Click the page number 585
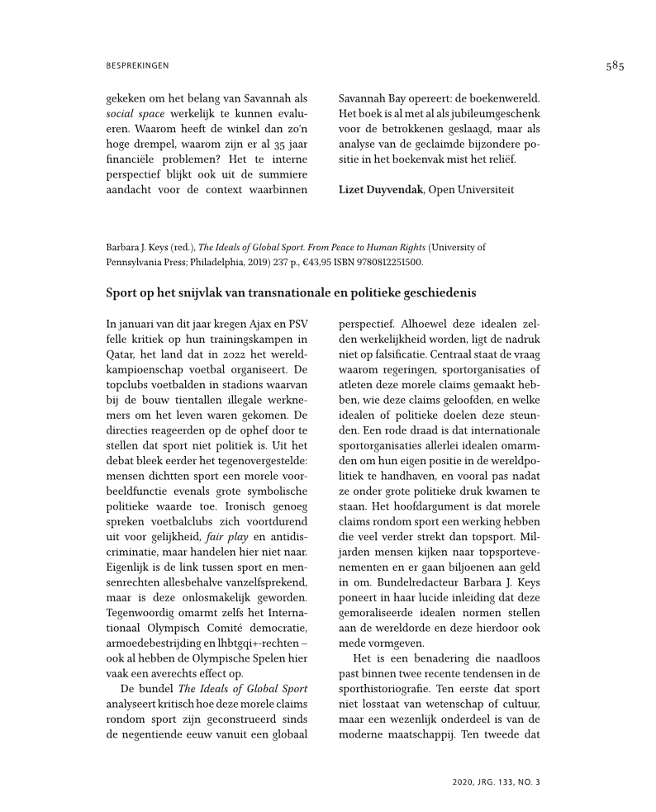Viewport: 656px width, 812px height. click(x=614, y=67)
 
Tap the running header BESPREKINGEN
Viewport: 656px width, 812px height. click(x=138, y=66)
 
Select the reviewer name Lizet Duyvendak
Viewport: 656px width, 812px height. click(x=381, y=190)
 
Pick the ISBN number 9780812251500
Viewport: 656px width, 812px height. click(x=387, y=262)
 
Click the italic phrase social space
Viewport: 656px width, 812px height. click(x=135, y=112)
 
